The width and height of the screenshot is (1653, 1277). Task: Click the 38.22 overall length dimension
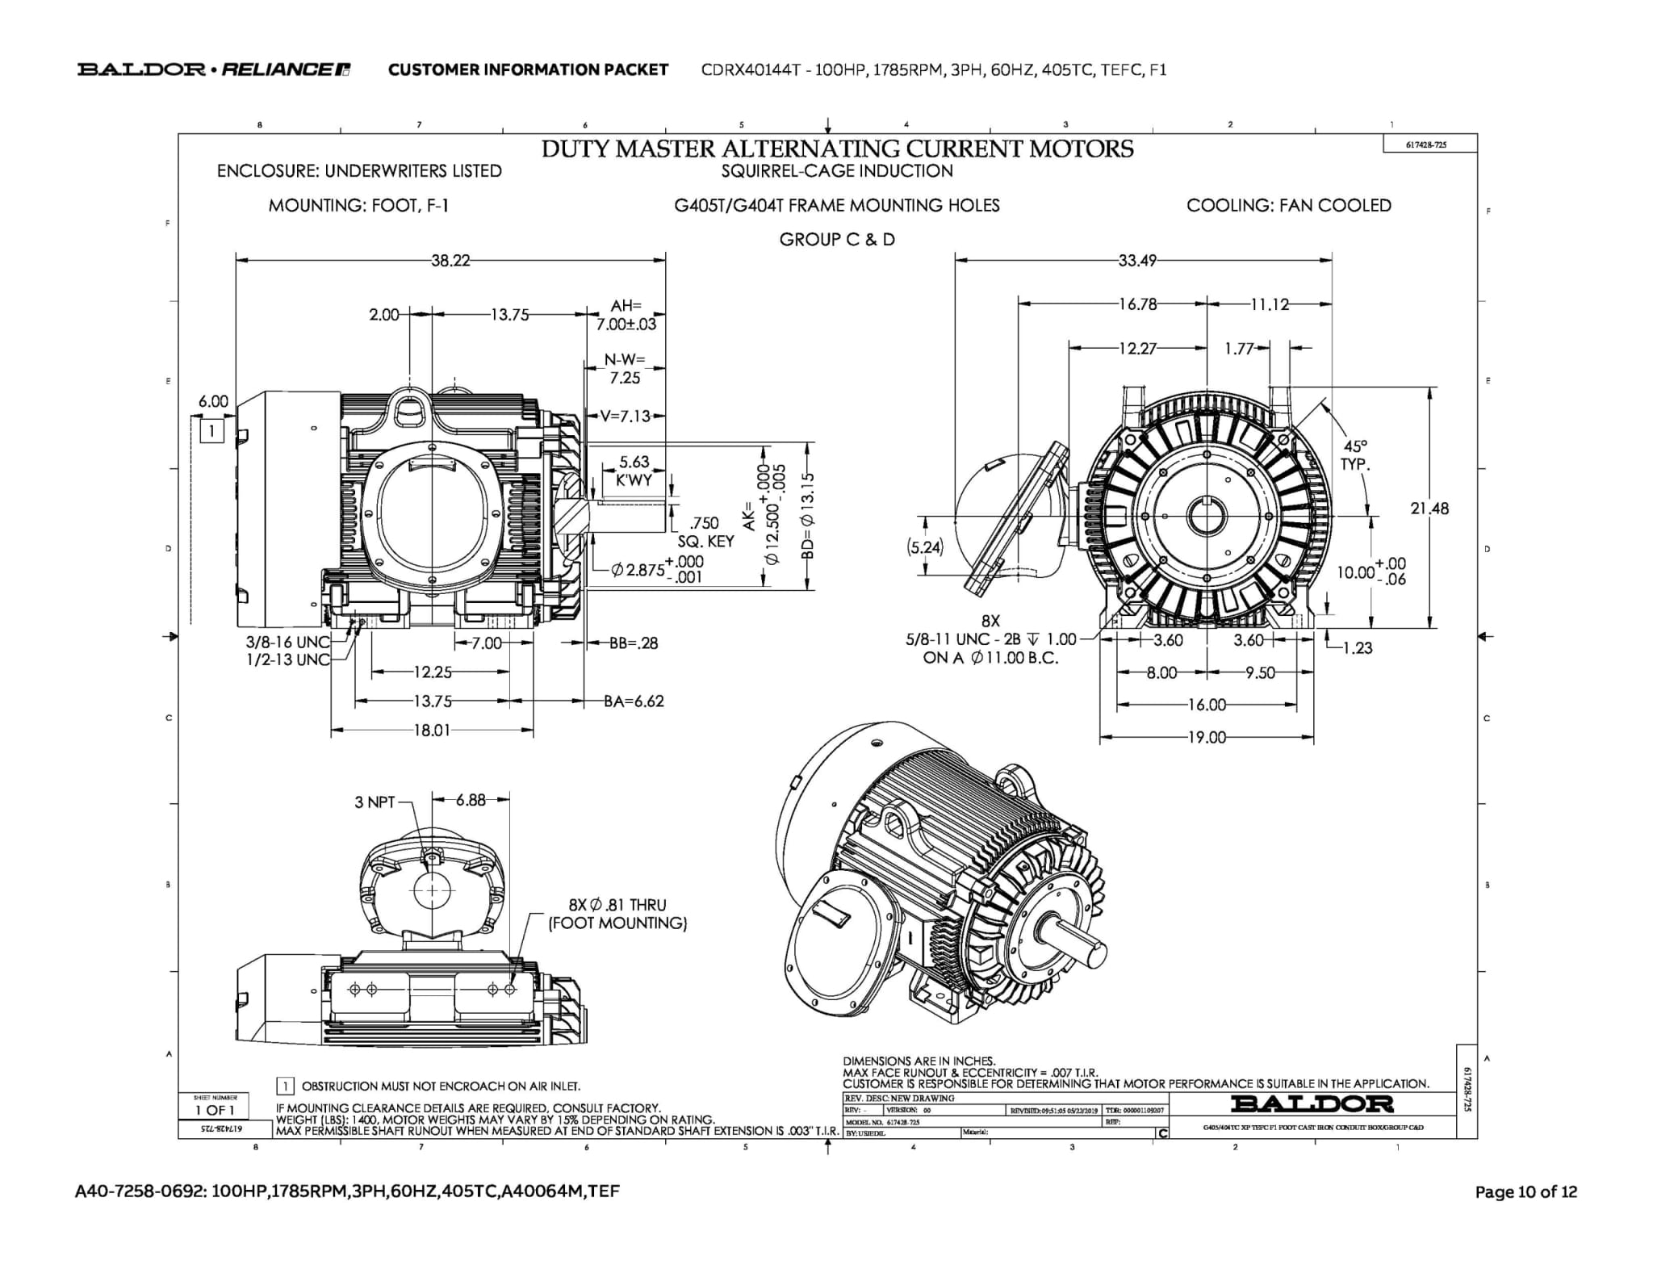coord(450,261)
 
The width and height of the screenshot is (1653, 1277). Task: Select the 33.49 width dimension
coord(1137,261)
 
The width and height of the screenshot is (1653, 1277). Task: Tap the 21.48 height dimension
coord(1429,509)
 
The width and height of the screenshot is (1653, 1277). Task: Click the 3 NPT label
coord(375,802)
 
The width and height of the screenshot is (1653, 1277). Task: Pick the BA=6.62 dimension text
coord(634,701)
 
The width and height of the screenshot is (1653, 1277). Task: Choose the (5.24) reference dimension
coord(924,547)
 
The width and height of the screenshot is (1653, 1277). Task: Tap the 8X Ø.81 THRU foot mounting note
coord(617,914)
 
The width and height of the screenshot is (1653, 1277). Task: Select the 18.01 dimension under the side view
coord(432,731)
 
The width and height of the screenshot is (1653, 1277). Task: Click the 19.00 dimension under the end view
coord(1207,737)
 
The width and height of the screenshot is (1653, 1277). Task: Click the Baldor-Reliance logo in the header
coord(213,69)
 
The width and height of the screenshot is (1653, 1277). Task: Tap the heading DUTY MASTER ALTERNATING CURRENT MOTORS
coord(837,149)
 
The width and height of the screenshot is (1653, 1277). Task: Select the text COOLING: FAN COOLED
coord(1288,206)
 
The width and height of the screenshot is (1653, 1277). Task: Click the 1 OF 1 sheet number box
coord(214,1110)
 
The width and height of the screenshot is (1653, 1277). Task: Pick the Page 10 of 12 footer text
coord(1525,1192)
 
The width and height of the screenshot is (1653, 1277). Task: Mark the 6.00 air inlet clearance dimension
coord(213,401)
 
